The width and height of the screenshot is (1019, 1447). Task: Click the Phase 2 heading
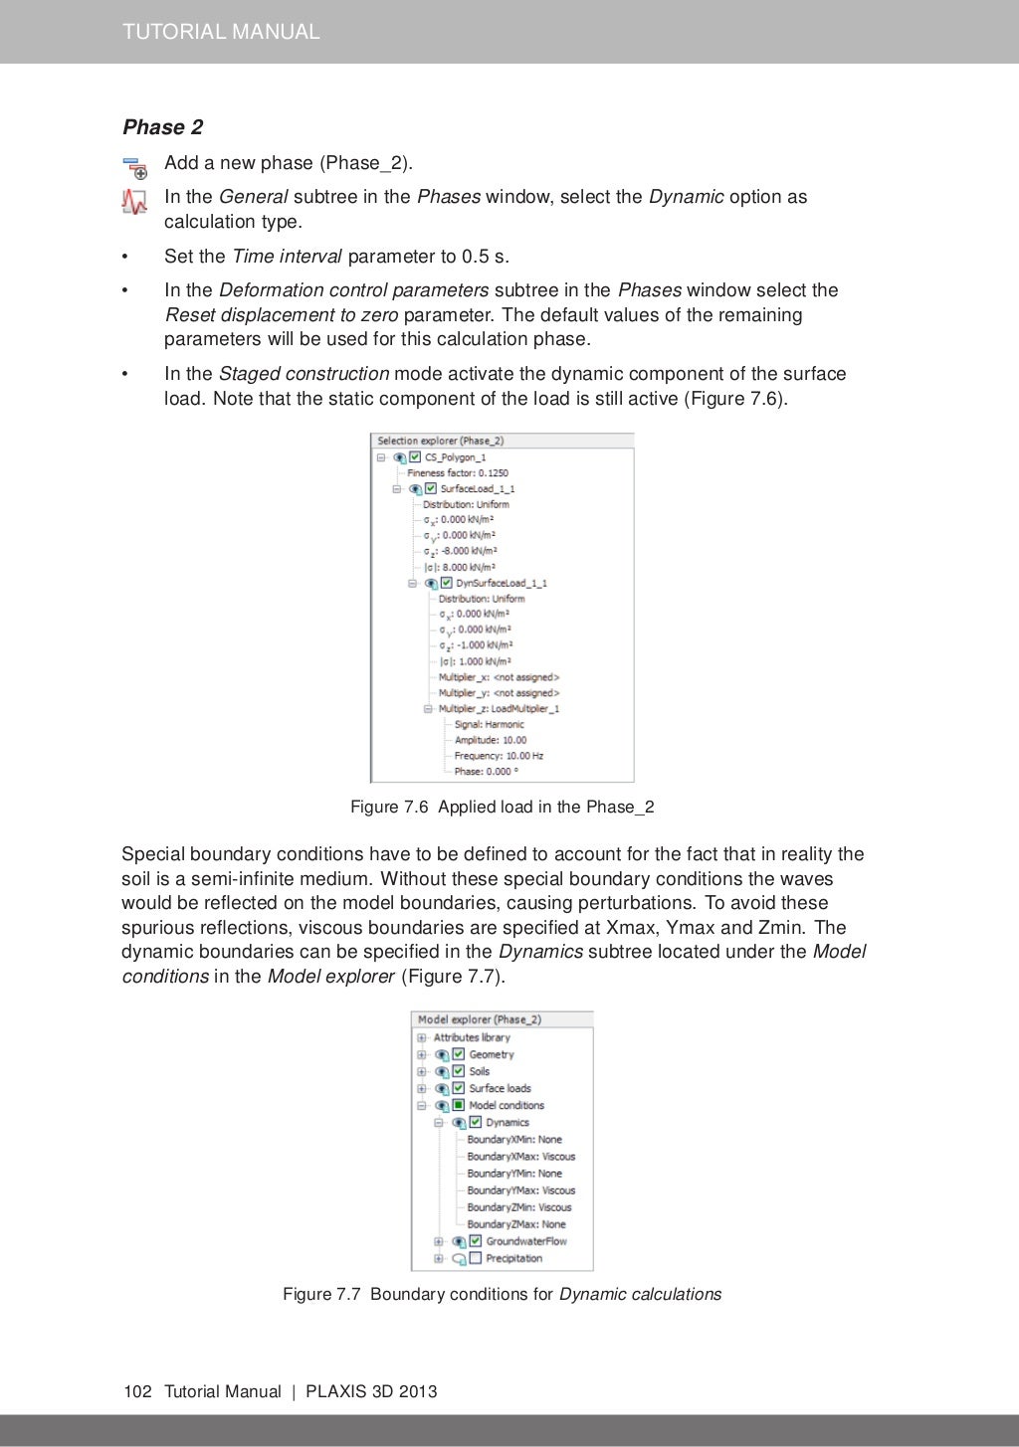click(162, 127)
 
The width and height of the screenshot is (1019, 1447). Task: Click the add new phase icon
click(134, 167)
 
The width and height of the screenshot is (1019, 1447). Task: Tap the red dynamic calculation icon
click(134, 202)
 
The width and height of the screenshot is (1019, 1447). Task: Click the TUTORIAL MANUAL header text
click(221, 32)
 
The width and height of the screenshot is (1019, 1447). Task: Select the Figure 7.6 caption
click(502, 807)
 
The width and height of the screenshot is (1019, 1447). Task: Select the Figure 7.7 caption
click(502, 1294)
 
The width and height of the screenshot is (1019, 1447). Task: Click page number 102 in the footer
click(137, 1391)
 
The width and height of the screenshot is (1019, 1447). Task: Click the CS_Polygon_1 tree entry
click(455, 457)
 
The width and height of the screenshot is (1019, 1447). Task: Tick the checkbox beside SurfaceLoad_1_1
click(431, 488)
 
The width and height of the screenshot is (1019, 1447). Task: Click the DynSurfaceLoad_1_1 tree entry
click(501, 583)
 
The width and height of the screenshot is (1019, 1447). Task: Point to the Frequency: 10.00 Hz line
click(499, 756)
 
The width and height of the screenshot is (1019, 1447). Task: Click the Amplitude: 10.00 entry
click(491, 740)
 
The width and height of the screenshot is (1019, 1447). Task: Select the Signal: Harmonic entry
click(489, 724)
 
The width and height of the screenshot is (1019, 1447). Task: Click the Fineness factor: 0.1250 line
click(457, 473)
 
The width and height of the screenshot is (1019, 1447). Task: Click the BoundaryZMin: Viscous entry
click(518, 1207)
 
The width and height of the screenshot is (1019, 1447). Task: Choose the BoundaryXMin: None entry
click(513, 1140)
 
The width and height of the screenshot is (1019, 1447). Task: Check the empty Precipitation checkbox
click(476, 1258)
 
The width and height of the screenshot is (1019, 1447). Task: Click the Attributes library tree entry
click(471, 1037)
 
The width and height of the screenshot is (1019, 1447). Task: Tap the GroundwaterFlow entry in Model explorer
click(525, 1241)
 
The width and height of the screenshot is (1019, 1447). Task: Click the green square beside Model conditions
click(459, 1105)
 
